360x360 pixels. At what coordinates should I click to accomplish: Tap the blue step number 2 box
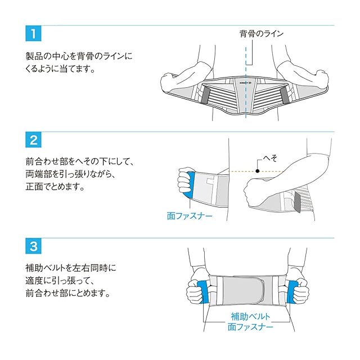(x=34, y=140)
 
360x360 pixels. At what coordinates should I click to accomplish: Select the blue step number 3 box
(x=34, y=246)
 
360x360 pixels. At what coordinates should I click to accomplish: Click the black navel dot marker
(x=257, y=170)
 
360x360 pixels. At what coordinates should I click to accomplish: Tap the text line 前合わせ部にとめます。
(x=67, y=293)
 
